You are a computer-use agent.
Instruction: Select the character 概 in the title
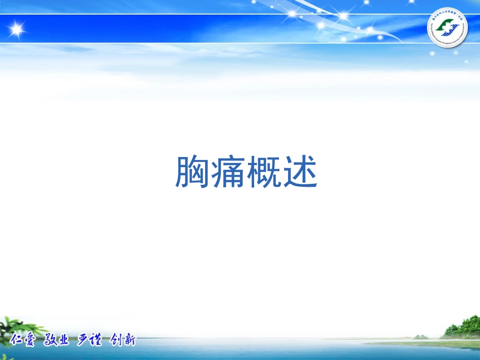point(264,173)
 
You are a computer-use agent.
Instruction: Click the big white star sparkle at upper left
point(17,29)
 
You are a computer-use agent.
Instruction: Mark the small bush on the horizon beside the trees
point(420,336)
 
